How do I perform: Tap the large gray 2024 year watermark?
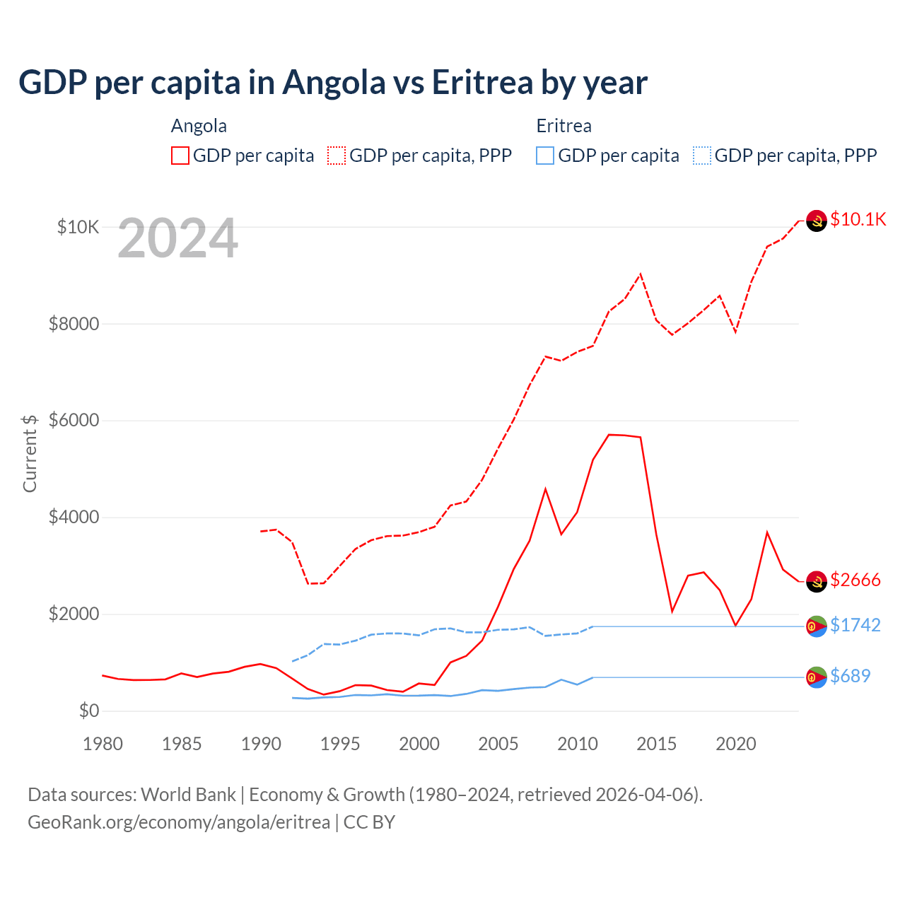[x=177, y=239]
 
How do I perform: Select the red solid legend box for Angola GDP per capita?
[x=180, y=156]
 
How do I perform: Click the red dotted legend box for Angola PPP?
[x=337, y=156]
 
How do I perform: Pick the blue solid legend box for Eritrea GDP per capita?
[x=545, y=156]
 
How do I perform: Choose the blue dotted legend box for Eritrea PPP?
[x=702, y=156]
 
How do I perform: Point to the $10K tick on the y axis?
[x=78, y=227]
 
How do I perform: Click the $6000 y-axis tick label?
[x=74, y=420]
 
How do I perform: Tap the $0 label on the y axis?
[x=88, y=711]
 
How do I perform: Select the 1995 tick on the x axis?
[x=340, y=744]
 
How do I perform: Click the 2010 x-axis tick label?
[x=578, y=744]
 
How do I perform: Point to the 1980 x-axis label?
[x=103, y=744]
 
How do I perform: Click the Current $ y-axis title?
[x=30, y=453]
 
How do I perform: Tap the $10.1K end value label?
[x=858, y=219]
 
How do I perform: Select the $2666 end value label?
[x=856, y=580]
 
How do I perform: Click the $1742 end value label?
[x=855, y=625]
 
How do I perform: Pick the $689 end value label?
[x=850, y=676]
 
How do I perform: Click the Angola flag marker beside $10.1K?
[x=817, y=221]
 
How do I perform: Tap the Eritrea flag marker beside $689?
[x=817, y=677]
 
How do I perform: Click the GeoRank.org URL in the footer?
[x=179, y=822]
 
